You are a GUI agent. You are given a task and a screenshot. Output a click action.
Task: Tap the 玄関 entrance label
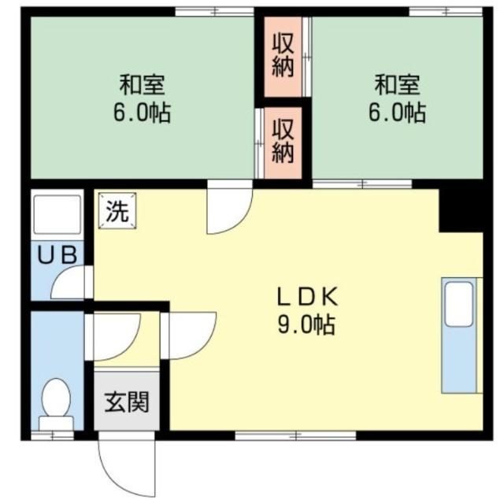[x=127, y=402]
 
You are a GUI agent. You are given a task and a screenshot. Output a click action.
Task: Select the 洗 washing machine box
[x=117, y=211]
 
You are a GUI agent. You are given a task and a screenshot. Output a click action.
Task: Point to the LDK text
[x=306, y=298]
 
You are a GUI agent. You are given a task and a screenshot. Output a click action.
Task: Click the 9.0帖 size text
[x=306, y=323]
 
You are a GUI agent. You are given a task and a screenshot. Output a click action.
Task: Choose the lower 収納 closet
[x=283, y=139]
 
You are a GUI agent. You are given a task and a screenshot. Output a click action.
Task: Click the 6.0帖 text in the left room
[x=143, y=113]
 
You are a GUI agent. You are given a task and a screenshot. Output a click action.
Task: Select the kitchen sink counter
[x=460, y=335]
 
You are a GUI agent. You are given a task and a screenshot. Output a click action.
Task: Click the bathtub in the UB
[x=56, y=212]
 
